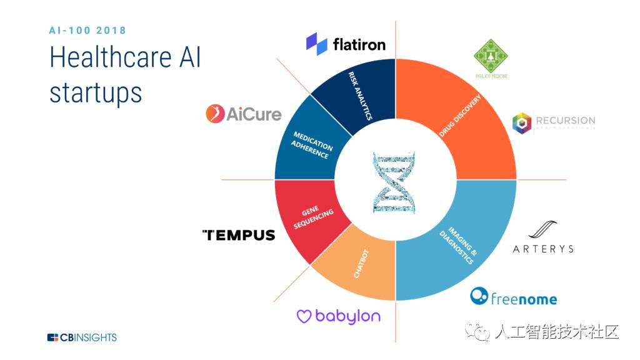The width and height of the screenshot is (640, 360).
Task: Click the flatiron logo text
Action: [359, 44]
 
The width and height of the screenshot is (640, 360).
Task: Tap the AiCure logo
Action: [244, 114]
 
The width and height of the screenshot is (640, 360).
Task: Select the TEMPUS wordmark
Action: [239, 235]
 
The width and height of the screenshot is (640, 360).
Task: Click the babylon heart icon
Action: [304, 317]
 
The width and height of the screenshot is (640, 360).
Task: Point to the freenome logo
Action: [513, 297]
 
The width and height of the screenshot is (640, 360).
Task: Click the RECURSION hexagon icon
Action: [521, 122]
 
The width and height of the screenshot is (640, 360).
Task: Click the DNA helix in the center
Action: [394, 182]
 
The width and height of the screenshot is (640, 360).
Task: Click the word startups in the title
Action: [96, 92]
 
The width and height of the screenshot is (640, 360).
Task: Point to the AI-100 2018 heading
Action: [87, 30]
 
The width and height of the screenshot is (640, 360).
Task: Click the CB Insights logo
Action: [82, 337]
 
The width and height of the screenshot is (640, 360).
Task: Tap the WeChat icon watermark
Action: [480, 332]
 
